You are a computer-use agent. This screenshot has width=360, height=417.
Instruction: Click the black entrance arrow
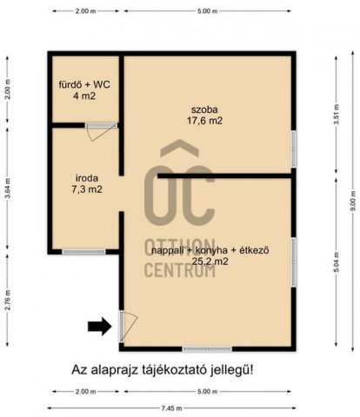coord(101,327)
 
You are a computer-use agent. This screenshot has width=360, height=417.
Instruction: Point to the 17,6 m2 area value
coord(206,122)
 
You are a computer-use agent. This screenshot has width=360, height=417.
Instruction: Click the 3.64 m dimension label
coord(7,187)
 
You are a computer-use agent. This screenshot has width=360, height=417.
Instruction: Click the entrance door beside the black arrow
coord(127,327)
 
